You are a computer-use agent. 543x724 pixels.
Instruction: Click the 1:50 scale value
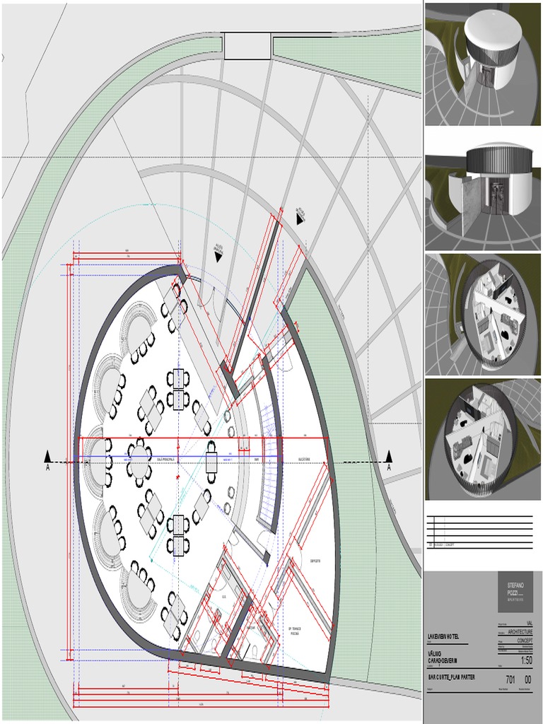coord(526,660)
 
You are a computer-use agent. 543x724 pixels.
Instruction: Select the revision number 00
coord(527,679)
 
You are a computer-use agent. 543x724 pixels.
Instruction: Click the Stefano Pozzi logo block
coord(515,591)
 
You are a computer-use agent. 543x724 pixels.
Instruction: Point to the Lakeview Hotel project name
coord(443,637)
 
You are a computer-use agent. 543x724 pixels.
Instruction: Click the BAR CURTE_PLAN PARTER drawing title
coord(451,677)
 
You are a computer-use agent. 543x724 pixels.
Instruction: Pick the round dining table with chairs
coord(139,459)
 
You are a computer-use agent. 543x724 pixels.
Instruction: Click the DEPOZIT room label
coord(315,561)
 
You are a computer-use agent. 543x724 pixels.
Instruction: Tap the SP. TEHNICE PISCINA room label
coord(295,631)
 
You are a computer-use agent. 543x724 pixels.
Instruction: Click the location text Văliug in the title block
coord(436,653)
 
